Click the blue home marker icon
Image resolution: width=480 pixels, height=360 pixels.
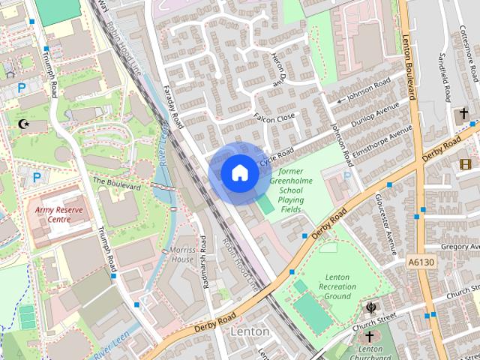coord(238,172)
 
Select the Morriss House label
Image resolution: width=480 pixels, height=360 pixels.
coord(182,254)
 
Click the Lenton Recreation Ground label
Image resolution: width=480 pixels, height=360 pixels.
coord(337,286)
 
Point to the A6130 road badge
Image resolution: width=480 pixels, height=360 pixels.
coord(422,262)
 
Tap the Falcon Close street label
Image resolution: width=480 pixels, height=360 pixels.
coord(275,118)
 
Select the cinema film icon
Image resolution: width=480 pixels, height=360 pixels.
coord(466,163)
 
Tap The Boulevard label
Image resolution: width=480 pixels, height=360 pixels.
coord(117,182)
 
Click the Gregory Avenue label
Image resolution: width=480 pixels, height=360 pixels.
coord(460,246)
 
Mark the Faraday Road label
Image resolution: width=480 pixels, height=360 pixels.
coord(173,105)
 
